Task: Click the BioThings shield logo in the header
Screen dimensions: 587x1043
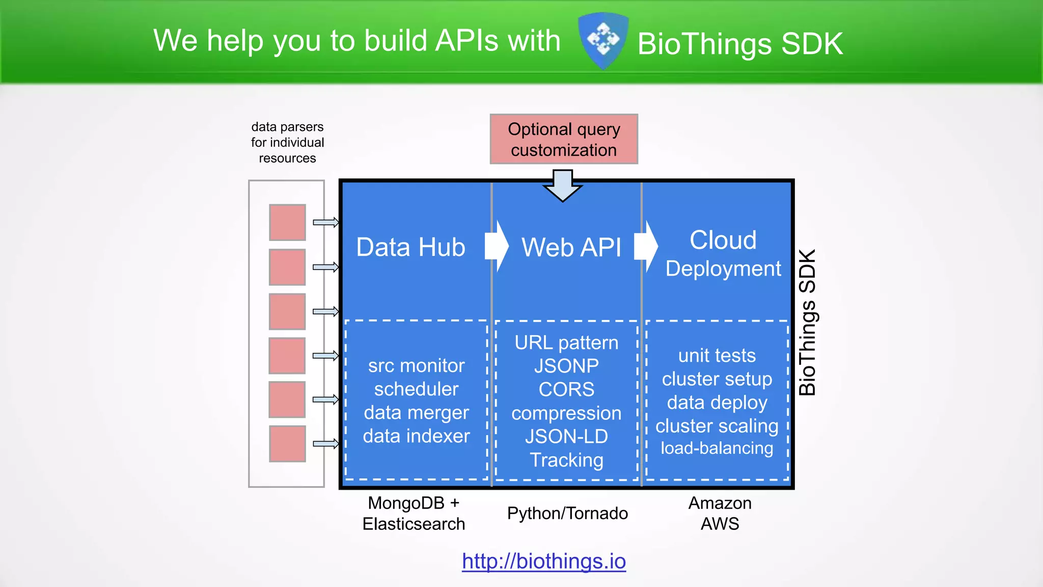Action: (603, 41)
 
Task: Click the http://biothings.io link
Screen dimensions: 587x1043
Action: (543, 561)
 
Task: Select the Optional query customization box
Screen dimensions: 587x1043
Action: (564, 139)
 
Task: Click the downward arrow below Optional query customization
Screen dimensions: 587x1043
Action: (563, 186)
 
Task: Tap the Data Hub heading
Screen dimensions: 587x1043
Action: (410, 247)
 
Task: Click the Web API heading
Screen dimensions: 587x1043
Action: (571, 248)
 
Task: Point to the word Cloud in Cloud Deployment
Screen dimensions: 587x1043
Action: (723, 240)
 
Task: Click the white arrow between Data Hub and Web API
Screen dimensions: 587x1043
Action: (496, 246)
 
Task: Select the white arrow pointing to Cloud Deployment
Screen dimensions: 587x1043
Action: (646, 246)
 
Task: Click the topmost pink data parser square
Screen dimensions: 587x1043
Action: (287, 222)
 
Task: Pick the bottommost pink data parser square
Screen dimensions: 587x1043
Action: (287, 444)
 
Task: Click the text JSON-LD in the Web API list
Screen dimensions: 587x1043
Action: (566, 437)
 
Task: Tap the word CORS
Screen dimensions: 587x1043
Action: (566, 390)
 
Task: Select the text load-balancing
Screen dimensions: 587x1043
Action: (717, 448)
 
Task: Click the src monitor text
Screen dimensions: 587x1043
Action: (416, 366)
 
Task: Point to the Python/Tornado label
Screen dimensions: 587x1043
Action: (567, 513)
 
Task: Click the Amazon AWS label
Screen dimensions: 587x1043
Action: (720, 513)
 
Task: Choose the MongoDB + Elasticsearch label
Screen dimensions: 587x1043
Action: (414, 513)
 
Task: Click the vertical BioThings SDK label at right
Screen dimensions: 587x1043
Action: (808, 322)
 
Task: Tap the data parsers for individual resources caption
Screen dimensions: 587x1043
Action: (287, 142)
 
